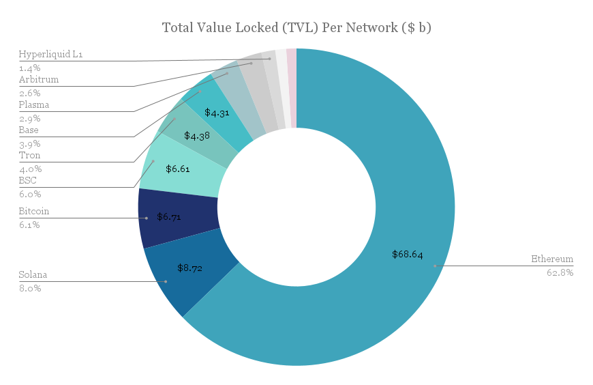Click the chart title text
[296, 28]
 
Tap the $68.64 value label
[407, 255]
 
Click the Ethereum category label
[552, 259]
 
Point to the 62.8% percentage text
[560, 272]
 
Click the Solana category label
[33, 274]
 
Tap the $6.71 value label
[169, 217]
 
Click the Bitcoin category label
[34, 212]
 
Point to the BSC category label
[27, 181]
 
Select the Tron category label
[29, 156]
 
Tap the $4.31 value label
[216, 113]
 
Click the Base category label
[29, 130]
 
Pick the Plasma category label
[34, 105]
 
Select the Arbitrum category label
[39, 80]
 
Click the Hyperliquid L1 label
[50, 55]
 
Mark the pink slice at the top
[292, 88]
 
